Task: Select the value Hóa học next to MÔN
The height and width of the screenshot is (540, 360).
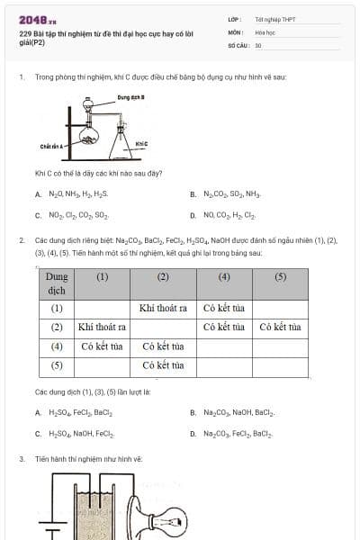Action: tap(264, 31)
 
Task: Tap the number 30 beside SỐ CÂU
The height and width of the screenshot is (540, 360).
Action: tap(258, 44)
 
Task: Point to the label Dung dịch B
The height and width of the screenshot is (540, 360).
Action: tap(131, 96)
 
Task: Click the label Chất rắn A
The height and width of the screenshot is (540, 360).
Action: tap(49, 145)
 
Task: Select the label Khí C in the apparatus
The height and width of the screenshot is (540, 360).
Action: tap(141, 144)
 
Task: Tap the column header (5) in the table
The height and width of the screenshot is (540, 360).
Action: tap(279, 276)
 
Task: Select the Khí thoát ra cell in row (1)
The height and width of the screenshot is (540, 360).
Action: tap(163, 308)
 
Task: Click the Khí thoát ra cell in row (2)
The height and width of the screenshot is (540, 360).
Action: tap(101, 327)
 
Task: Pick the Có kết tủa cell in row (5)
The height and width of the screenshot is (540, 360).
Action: tap(163, 365)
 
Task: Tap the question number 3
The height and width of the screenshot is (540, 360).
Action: tap(21, 458)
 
